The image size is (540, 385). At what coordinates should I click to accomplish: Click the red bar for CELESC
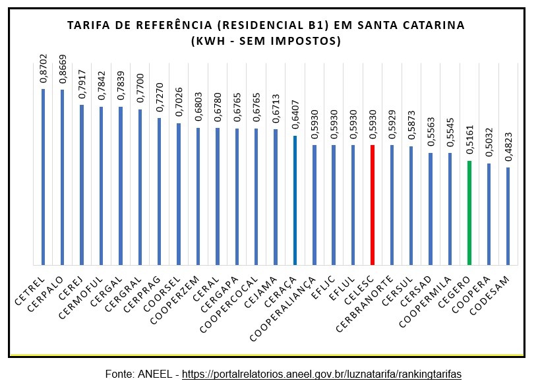click(x=373, y=204)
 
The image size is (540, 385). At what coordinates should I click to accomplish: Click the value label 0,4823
click(x=508, y=148)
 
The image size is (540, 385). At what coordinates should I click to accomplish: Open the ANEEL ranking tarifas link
click(x=321, y=374)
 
